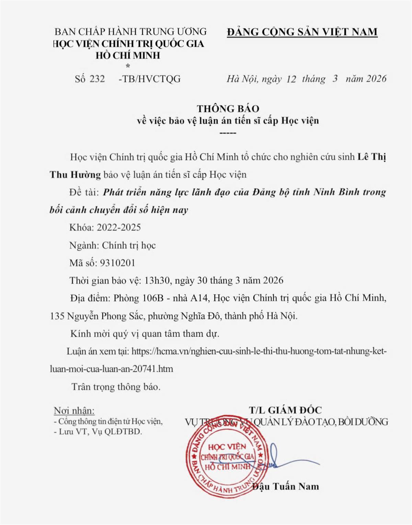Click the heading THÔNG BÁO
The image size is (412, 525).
pos(228,109)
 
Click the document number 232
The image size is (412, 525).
pos(97,79)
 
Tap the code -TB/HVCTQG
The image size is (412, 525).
pos(149,79)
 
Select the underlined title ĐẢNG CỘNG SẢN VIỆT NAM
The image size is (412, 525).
pos(302,32)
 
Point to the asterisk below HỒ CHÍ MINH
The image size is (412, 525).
pos(128,66)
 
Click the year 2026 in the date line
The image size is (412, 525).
pos(376,79)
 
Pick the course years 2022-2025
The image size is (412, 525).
pos(119,227)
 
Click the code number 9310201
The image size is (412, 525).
pos(117,263)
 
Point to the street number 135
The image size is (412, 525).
pos(57,316)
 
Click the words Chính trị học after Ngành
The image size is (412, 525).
pos(129,245)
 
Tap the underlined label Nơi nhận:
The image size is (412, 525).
pos(74,411)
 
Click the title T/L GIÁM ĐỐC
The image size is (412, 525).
pos(285,410)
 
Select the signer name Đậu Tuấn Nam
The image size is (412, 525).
pos(286,486)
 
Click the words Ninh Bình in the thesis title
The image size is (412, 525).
pos(335,192)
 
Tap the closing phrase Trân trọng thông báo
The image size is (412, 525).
pos(116,387)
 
